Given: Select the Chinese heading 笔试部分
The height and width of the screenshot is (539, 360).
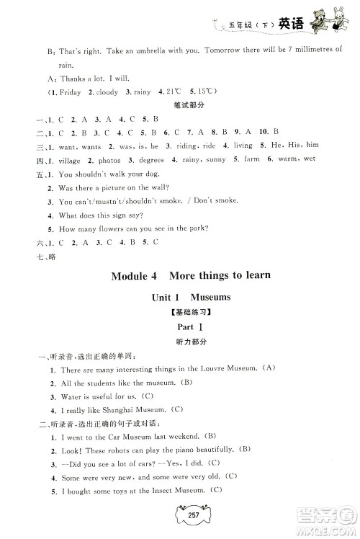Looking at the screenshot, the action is click(x=180, y=106).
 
